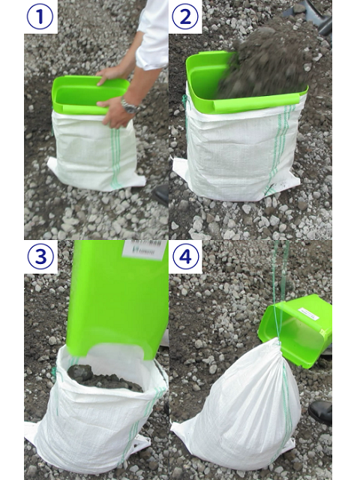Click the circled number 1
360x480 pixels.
point(40,16)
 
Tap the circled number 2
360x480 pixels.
point(185,16)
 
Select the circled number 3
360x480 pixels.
point(40,256)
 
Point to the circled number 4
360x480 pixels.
point(185,256)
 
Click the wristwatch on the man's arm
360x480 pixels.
point(130,106)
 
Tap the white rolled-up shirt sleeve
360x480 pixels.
point(152,34)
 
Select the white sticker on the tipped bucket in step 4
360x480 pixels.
point(308,313)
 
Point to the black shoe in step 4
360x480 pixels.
point(320,412)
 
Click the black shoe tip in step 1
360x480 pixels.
point(161,194)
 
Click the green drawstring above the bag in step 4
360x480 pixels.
point(279,291)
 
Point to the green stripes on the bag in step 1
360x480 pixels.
point(115,158)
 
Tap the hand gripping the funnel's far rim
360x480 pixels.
point(111,73)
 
